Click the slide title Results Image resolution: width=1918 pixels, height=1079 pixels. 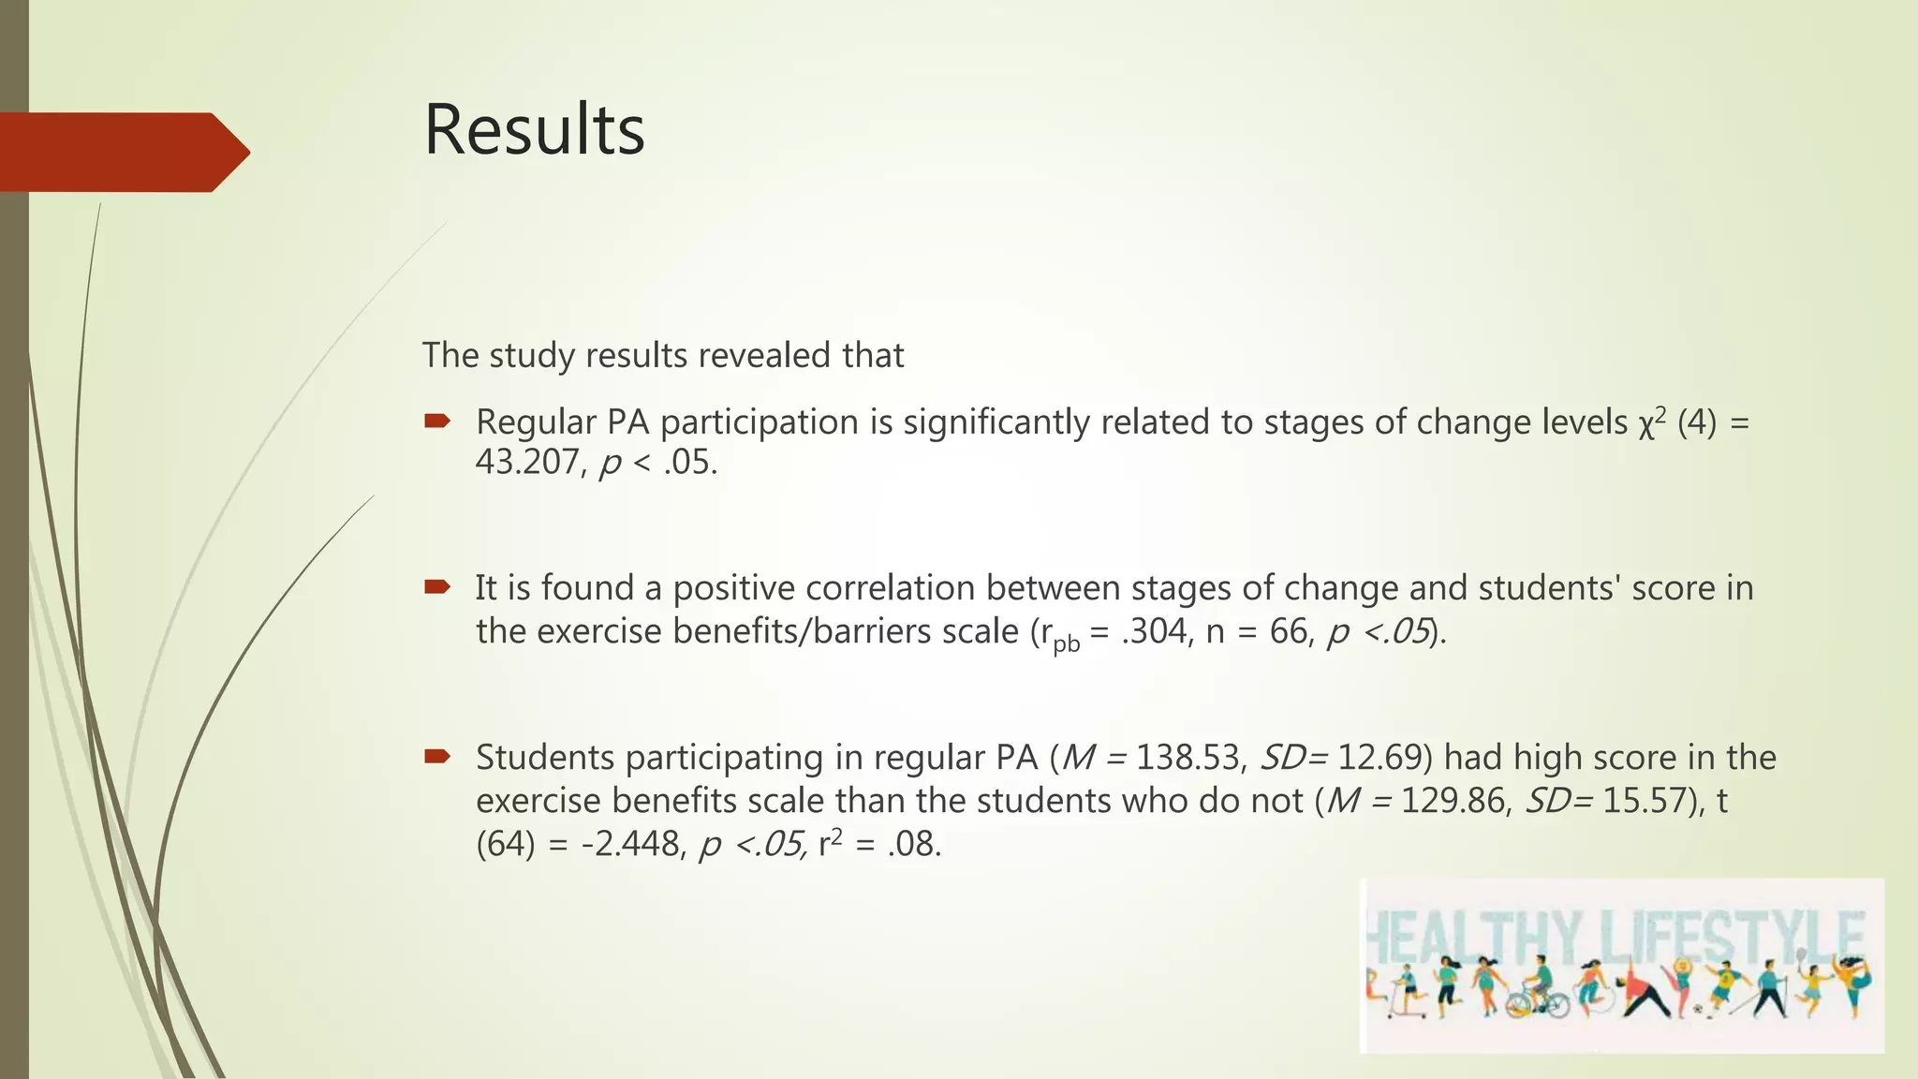pos(534,130)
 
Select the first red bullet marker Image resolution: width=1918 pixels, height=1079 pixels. pos(436,421)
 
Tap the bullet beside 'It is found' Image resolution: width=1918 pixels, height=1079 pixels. pos(436,587)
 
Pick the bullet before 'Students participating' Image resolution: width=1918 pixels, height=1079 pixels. pos(436,756)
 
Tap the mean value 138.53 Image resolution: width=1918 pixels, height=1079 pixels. pos(1190,757)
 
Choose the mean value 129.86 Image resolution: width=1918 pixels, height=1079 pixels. pos(1455,801)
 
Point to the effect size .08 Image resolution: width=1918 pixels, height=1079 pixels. pos(913,845)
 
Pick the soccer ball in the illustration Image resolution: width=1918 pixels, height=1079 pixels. pos(1698,1011)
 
